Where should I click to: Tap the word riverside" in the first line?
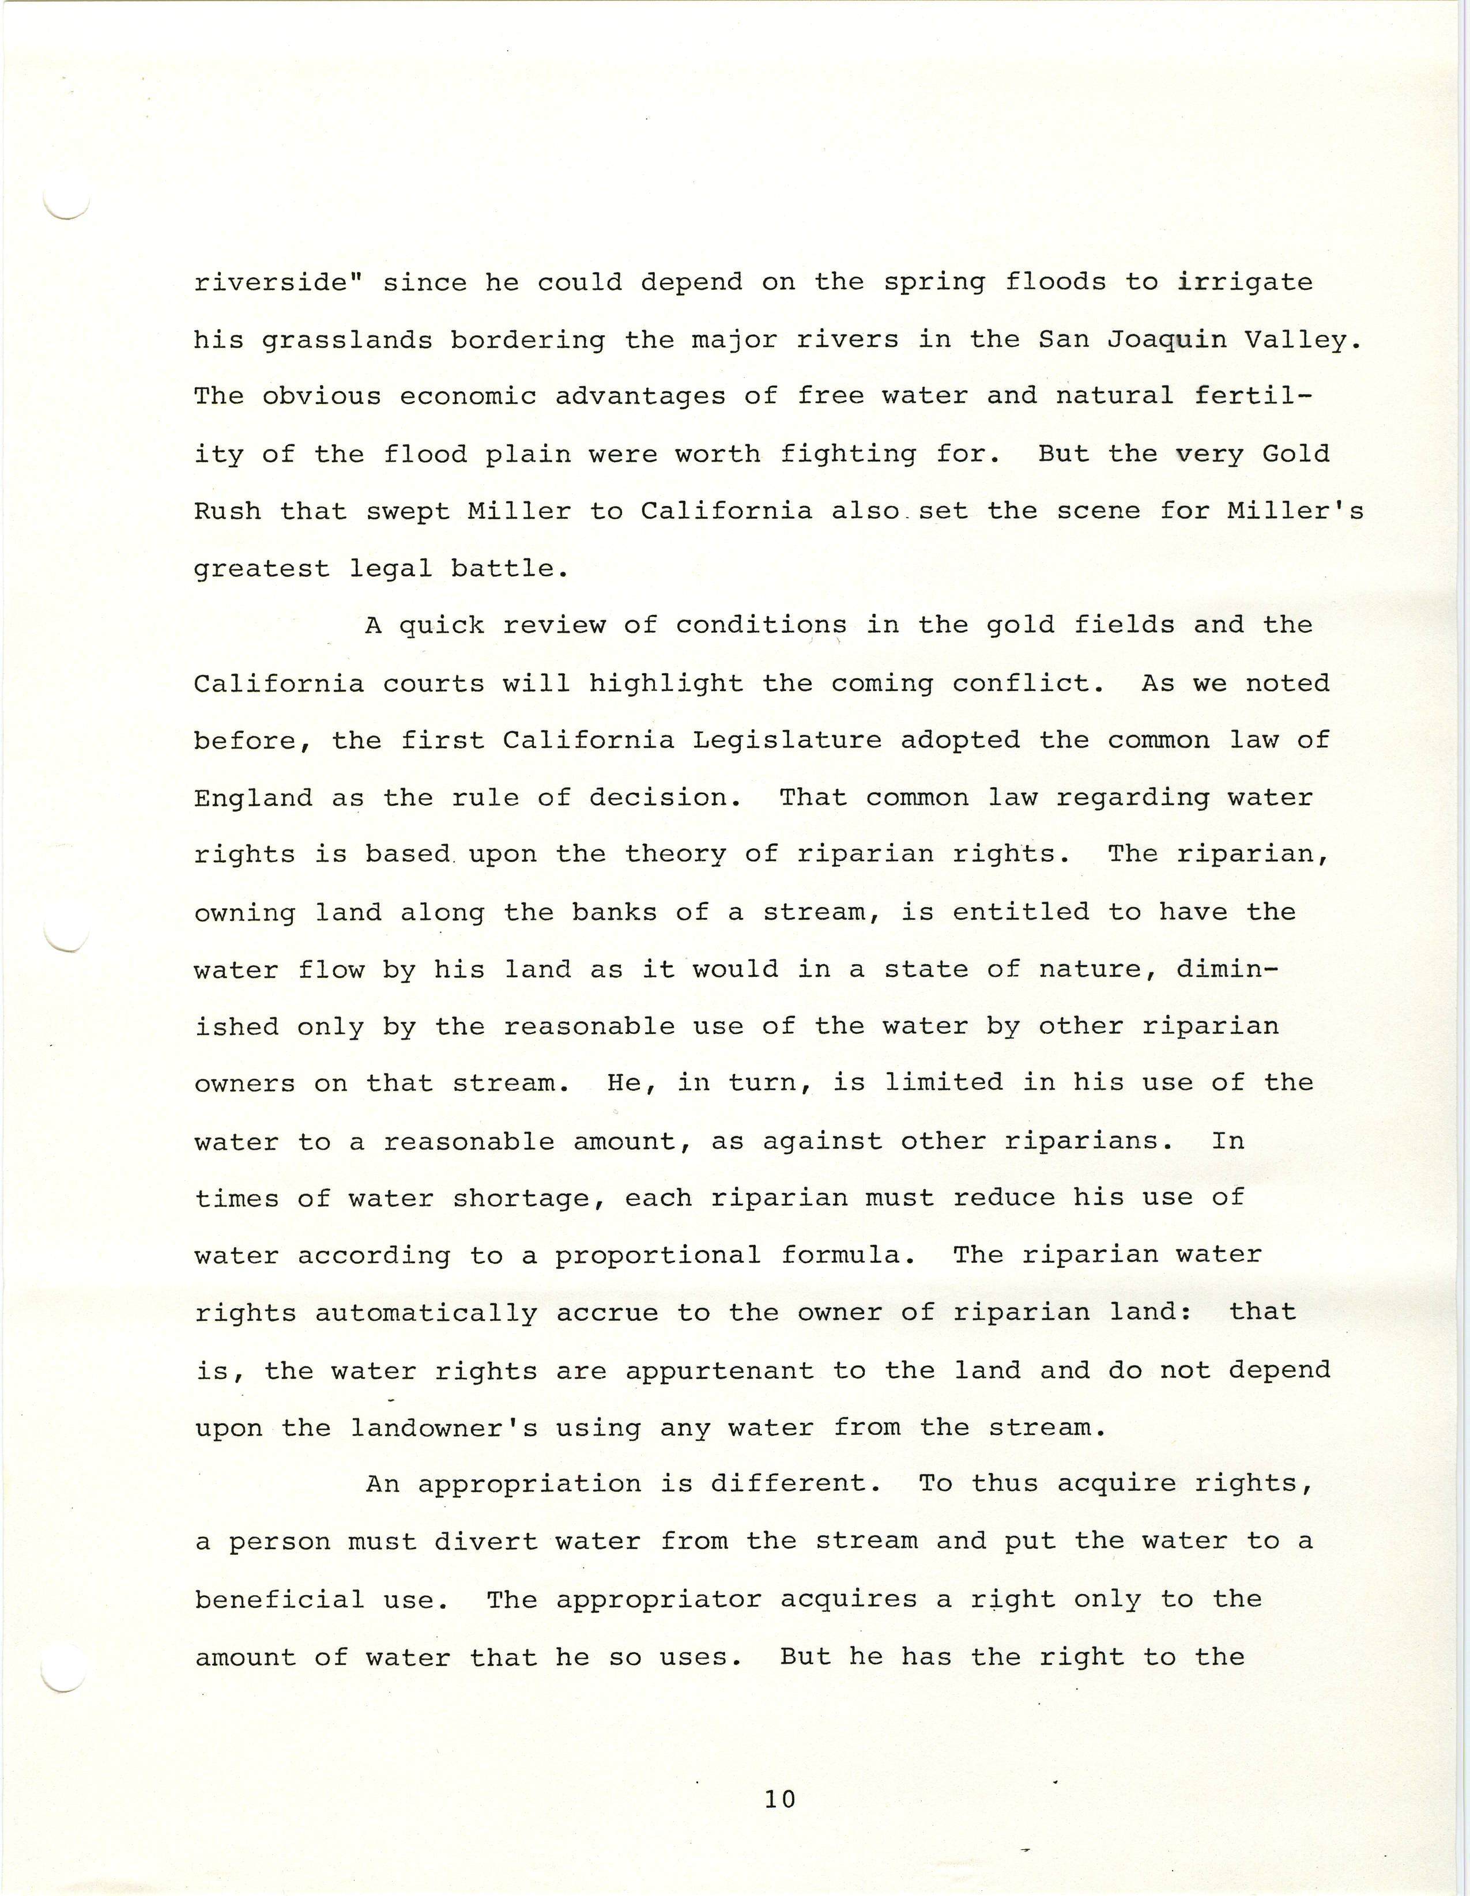point(278,282)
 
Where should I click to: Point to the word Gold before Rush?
point(1295,454)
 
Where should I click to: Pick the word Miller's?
point(1295,511)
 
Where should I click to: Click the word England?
point(252,798)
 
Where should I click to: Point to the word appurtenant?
point(719,1371)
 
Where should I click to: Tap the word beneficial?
point(278,1599)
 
